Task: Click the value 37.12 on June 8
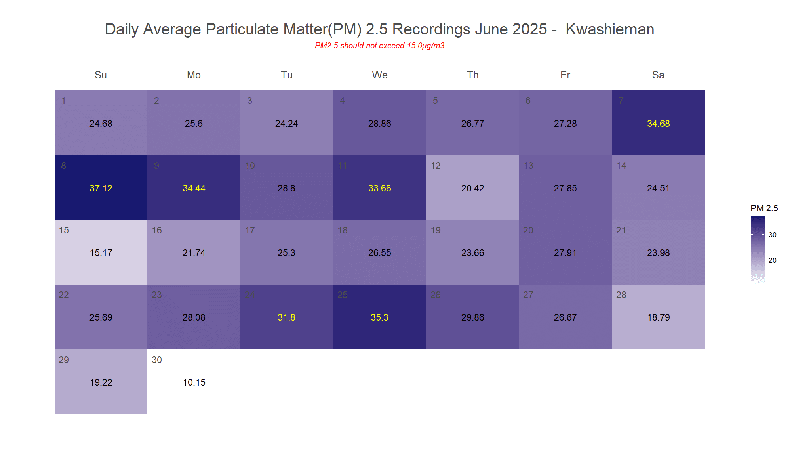(101, 188)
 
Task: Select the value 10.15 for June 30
(194, 382)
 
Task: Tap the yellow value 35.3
(379, 317)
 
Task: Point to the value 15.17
(101, 253)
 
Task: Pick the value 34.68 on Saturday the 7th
(658, 124)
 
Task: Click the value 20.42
(472, 188)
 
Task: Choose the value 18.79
(658, 317)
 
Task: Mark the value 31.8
(286, 317)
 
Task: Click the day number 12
(436, 166)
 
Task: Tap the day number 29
(64, 360)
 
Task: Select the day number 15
(64, 230)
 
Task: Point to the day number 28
(621, 295)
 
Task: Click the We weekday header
(379, 75)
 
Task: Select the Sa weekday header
(658, 75)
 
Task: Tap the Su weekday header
(101, 75)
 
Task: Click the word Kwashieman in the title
(609, 29)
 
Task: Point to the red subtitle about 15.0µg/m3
(379, 46)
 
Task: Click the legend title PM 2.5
(764, 208)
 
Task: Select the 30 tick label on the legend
(772, 235)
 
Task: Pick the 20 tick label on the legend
(772, 260)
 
